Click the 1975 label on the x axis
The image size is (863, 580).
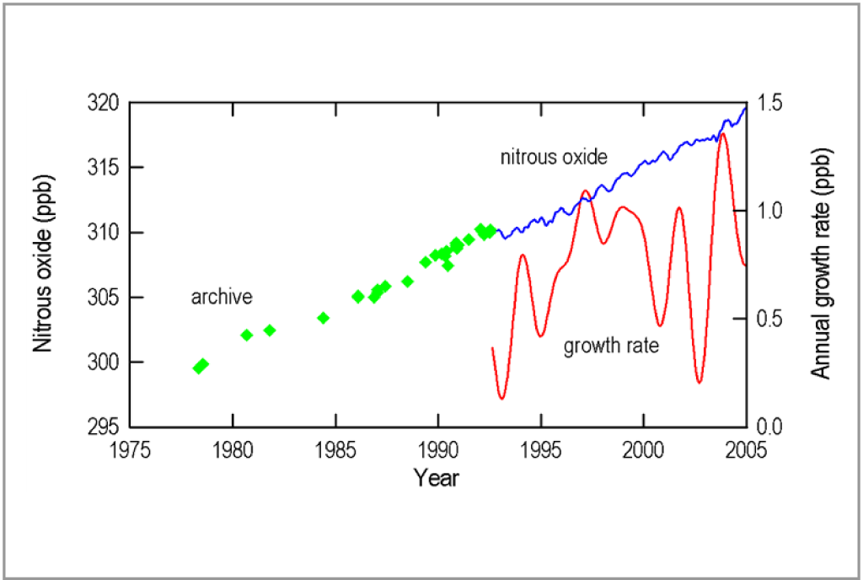coord(130,448)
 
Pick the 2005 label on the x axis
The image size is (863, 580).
coord(746,448)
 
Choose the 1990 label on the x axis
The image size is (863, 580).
coord(437,448)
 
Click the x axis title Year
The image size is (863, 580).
coord(437,478)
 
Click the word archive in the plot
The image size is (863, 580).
coord(222,297)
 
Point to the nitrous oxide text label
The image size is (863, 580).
coord(554,157)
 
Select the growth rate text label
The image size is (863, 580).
coord(611,346)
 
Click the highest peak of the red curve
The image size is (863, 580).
coord(722,134)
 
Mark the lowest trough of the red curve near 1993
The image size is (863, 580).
coord(501,398)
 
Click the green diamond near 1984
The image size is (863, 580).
coord(323,318)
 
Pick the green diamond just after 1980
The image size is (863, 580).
coord(247,335)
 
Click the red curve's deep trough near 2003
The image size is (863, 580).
coord(700,383)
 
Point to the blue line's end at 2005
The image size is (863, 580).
coord(746,107)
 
